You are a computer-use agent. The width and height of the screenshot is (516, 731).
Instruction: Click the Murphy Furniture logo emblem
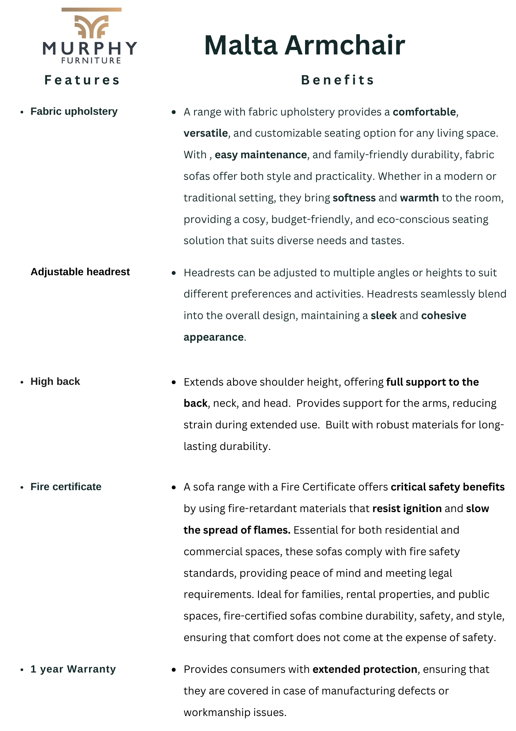click(x=91, y=26)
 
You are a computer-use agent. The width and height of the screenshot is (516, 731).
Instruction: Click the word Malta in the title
click(x=241, y=45)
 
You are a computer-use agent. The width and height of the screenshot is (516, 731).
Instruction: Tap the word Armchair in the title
click(x=344, y=45)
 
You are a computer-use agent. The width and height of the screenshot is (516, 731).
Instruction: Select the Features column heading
click(x=82, y=80)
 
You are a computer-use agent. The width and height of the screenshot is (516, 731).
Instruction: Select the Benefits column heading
click(x=338, y=80)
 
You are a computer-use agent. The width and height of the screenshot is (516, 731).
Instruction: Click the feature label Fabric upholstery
click(x=74, y=111)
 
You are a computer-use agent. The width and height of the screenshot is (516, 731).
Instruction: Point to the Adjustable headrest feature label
click(x=80, y=272)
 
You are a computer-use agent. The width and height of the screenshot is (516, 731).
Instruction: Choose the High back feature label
click(x=55, y=382)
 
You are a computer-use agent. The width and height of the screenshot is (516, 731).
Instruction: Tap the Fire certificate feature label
click(x=66, y=487)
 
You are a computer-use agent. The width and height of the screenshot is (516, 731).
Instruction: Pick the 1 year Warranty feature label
click(x=73, y=669)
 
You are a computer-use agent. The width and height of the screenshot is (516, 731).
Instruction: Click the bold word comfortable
click(x=424, y=112)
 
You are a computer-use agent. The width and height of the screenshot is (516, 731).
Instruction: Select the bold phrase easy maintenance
click(x=261, y=155)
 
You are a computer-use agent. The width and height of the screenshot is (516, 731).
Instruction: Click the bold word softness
click(x=354, y=198)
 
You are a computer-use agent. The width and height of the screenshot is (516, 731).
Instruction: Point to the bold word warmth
click(x=419, y=198)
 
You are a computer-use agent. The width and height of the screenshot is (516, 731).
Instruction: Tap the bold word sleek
click(x=384, y=316)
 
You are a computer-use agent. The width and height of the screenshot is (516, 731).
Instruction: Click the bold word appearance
click(x=213, y=337)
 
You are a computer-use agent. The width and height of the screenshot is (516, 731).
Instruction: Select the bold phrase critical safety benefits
click(x=447, y=487)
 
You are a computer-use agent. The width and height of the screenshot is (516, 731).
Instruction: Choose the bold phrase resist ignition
click(x=407, y=509)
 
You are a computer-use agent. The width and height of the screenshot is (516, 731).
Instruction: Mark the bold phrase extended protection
click(x=365, y=670)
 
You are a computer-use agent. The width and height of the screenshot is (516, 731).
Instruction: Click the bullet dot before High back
click(x=22, y=382)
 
